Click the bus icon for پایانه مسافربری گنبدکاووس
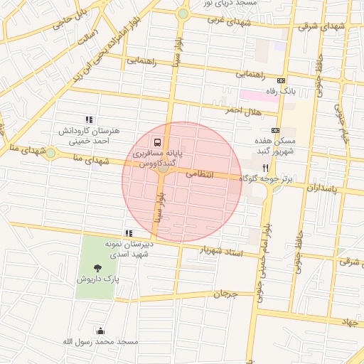point(156,141)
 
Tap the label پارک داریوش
point(97,279)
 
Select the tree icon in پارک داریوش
point(97,267)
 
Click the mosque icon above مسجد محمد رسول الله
point(100,331)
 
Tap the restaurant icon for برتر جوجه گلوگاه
point(265,168)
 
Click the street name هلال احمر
point(244,112)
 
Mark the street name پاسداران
point(325,188)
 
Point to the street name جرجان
point(225,294)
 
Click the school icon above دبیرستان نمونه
point(128,232)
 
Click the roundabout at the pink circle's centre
point(164,168)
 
